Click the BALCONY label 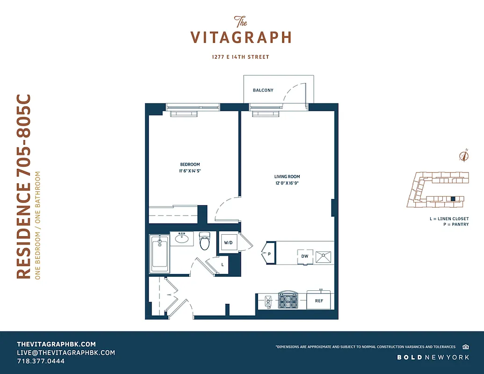(263, 90)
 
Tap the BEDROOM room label (190, 165)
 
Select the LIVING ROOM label (287, 177)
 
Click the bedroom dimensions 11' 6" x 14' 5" (190, 171)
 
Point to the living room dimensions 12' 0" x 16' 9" (287, 183)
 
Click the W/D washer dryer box (228, 243)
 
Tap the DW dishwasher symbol (304, 256)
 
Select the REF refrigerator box (319, 301)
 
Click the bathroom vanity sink (182, 239)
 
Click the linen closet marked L (223, 265)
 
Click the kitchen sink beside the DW (323, 256)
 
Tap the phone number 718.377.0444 (41, 361)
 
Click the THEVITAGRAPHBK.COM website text (56, 344)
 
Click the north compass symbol (464, 156)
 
